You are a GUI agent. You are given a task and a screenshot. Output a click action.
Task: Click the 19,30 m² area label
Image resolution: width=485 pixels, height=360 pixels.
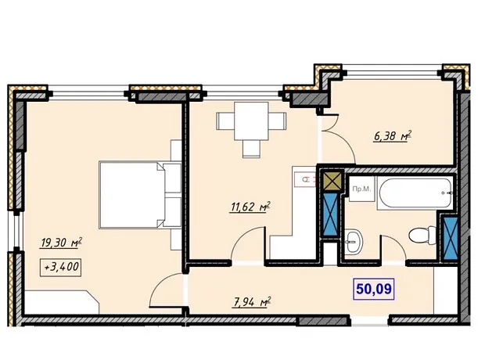click(61, 243)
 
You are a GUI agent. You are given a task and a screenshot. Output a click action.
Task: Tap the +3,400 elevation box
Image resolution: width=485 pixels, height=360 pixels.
click(61, 267)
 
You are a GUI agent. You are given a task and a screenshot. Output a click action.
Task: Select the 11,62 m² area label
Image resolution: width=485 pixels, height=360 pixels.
click(250, 207)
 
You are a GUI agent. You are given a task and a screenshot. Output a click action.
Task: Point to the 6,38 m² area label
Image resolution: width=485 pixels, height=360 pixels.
click(393, 136)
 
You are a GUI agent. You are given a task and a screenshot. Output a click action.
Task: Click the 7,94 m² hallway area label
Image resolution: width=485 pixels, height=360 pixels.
click(251, 302)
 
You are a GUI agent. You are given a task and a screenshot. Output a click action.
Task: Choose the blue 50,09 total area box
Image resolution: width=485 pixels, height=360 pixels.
click(374, 289)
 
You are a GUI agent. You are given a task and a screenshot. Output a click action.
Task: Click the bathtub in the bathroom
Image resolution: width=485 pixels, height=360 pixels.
click(415, 193)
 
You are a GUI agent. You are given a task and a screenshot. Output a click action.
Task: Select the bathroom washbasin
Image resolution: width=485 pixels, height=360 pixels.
click(354, 240)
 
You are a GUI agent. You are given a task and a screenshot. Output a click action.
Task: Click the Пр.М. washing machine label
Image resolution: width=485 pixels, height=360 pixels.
click(361, 189)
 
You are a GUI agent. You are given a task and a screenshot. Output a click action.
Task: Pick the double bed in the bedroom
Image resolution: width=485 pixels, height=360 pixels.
click(139, 195)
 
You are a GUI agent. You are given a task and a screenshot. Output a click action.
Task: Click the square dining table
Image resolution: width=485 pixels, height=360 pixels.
click(251, 121)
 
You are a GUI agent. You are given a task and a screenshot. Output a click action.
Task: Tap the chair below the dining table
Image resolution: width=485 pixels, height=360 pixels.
click(251, 149)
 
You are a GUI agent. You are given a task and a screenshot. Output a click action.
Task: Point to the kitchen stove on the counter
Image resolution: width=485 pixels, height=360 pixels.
click(305, 180)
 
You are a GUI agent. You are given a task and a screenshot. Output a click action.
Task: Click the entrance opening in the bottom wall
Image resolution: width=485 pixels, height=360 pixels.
click(369, 320)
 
